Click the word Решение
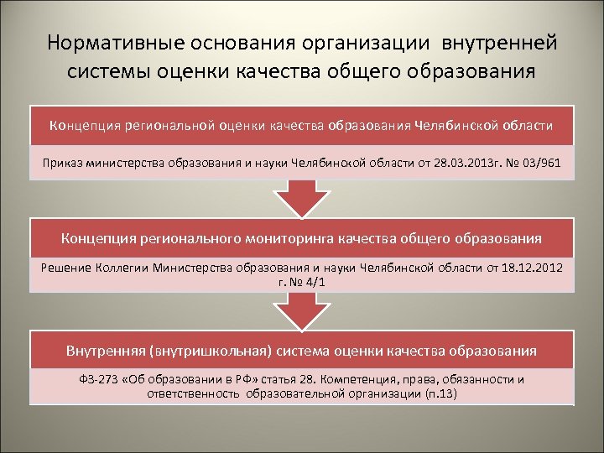pos(65,267)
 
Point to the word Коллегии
pos(124,267)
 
